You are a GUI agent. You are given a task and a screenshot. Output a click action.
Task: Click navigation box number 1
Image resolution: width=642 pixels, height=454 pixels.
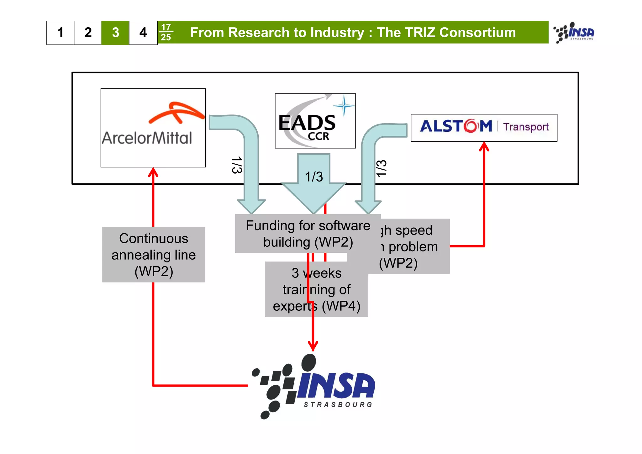[60, 33]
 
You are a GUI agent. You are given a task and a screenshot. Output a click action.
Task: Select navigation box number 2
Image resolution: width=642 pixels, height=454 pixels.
[88, 33]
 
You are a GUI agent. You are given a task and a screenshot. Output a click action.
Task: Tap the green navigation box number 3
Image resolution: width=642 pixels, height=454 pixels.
[115, 33]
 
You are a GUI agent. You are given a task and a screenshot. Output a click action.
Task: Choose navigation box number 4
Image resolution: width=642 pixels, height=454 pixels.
[143, 33]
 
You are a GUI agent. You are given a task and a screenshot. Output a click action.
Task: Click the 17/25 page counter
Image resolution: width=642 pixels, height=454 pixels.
[166, 33]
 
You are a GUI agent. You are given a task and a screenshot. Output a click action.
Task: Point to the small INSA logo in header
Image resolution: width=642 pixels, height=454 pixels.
[574, 33]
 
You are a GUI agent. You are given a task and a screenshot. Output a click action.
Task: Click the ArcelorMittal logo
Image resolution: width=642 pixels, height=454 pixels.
[153, 128]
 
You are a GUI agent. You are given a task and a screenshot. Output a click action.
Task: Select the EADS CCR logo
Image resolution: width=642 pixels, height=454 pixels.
[315, 121]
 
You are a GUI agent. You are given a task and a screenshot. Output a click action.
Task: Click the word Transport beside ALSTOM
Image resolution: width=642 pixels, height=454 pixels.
[526, 127]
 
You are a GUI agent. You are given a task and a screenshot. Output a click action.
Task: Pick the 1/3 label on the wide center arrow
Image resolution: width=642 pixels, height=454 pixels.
[314, 177]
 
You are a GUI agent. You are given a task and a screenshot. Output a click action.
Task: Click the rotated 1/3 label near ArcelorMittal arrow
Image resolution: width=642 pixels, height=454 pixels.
[237, 165]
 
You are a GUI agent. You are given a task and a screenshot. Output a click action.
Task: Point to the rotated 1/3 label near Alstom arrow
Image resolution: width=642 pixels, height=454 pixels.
[382, 168]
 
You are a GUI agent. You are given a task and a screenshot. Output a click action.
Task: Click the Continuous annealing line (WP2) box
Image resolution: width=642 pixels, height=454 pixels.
[154, 255]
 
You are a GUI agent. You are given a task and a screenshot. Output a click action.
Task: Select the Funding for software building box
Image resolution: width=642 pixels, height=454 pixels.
[308, 234]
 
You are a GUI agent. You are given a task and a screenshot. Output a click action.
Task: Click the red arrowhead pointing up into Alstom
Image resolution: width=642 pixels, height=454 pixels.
[484, 147]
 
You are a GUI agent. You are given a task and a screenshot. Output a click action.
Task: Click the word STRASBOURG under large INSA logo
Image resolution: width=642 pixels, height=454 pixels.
[338, 405]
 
